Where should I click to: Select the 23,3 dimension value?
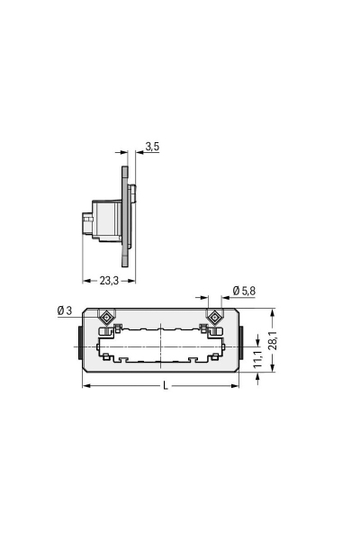(x=108, y=280)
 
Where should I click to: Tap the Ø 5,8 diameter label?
(x=244, y=291)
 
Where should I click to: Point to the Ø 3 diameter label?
(x=64, y=310)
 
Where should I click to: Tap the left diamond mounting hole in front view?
(x=106, y=317)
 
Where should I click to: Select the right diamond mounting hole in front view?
(x=215, y=317)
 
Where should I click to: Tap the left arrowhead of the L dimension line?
(x=86, y=386)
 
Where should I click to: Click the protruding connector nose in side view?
(x=87, y=220)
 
